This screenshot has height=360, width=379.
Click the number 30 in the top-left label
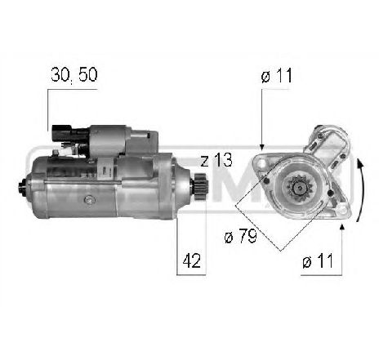pos(58,77)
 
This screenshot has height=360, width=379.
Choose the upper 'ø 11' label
pos(277,77)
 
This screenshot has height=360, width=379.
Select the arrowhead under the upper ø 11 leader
pos(261,145)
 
